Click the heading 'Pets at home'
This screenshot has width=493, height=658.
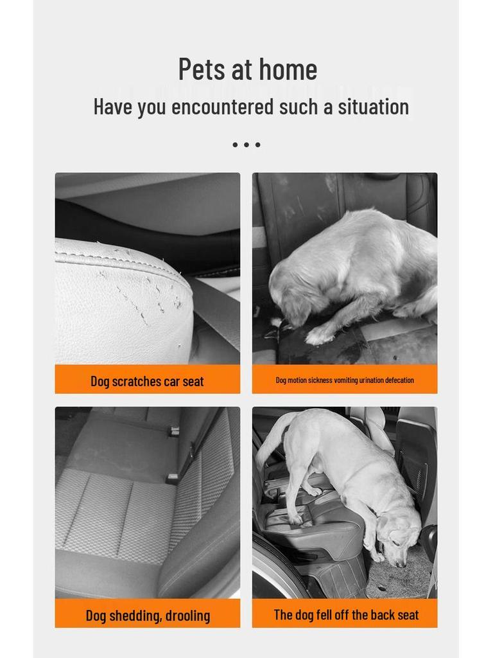pyautogui.click(x=247, y=69)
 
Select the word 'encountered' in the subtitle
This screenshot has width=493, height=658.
pyautogui.click(x=222, y=107)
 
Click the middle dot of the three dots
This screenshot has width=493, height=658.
pyautogui.click(x=246, y=145)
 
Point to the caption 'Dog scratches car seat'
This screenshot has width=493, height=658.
pyautogui.click(x=147, y=381)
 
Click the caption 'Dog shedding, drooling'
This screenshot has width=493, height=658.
pyautogui.click(x=148, y=616)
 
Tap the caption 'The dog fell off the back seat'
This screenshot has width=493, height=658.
pyautogui.click(x=346, y=615)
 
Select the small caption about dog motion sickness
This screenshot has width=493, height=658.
pyautogui.click(x=345, y=380)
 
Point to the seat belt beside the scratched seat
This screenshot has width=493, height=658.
pyautogui.click(x=215, y=308)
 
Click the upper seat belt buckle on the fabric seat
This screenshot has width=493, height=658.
pyautogui.click(x=173, y=432)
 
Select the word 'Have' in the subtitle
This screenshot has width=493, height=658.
pyautogui.click(x=112, y=107)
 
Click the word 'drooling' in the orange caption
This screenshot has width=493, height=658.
pyautogui.click(x=187, y=616)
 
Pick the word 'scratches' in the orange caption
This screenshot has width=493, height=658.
pyautogui.click(x=137, y=381)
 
